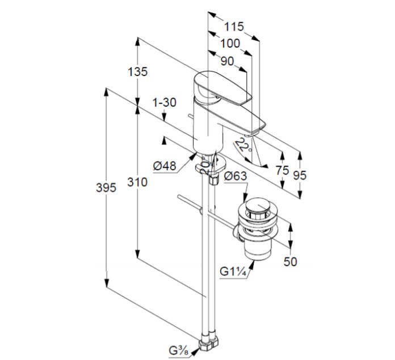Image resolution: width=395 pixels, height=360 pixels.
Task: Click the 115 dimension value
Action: [x=233, y=26]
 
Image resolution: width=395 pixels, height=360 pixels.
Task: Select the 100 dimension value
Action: [x=229, y=43]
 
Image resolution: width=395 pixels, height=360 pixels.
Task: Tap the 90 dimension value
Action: [x=226, y=60]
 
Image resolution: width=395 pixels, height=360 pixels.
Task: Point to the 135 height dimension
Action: [x=138, y=72]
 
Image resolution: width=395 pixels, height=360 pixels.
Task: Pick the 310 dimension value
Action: [x=137, y=183]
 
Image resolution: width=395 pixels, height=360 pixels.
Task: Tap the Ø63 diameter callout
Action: [x=235, y=176]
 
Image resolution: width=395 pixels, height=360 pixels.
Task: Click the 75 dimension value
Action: [x=281, y=170]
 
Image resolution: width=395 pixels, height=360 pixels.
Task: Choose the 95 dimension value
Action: [x=299, y=175]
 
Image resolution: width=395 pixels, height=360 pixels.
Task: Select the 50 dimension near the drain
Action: [x=290, y=261]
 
